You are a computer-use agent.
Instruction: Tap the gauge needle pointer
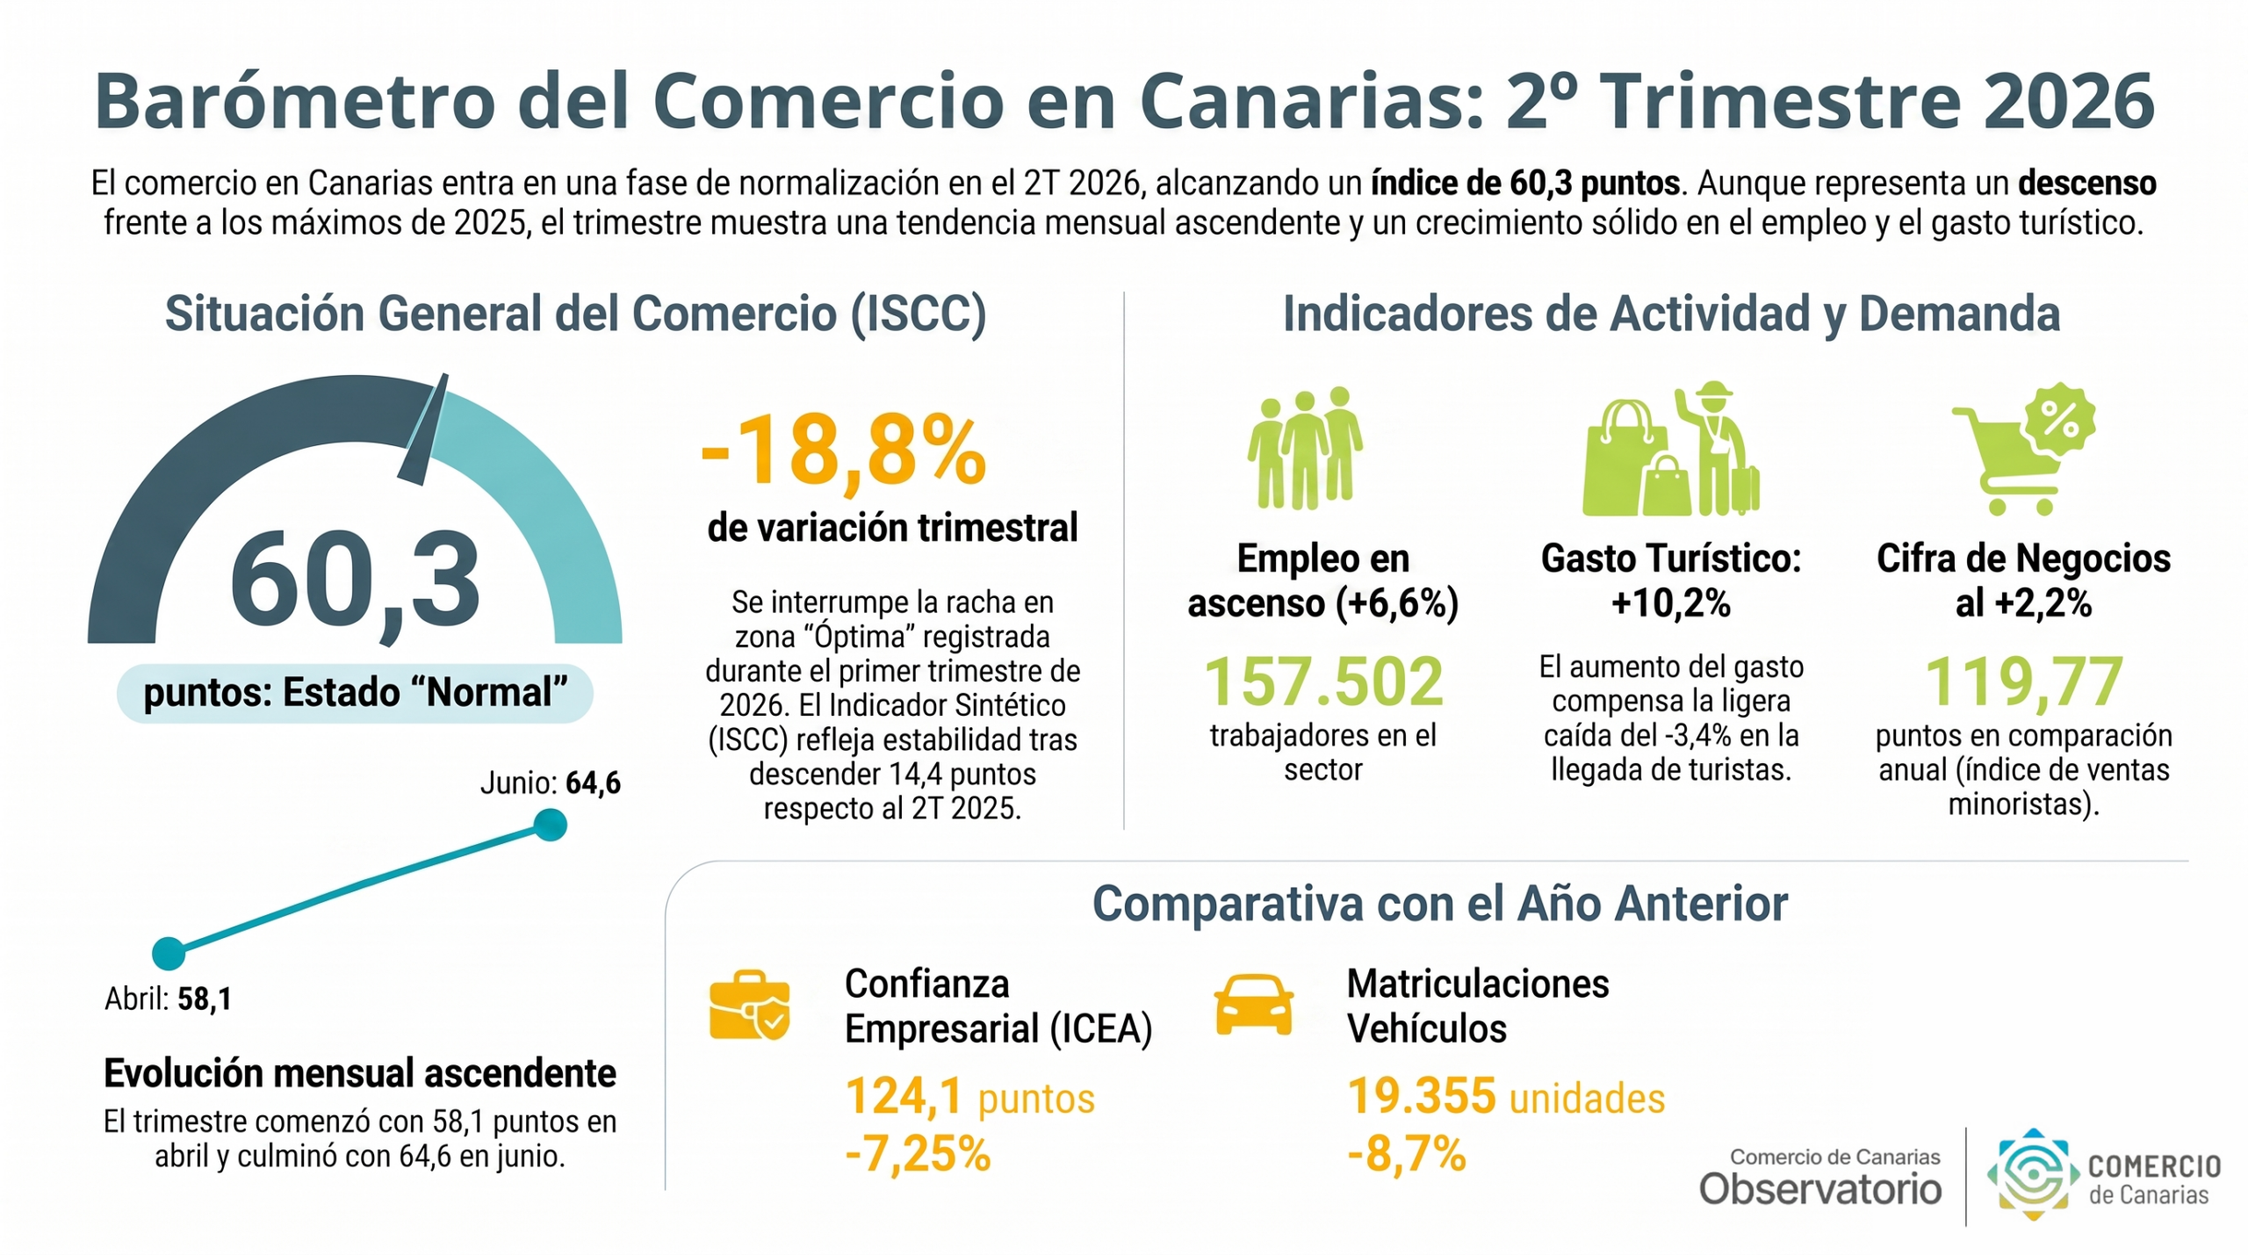(424, 429)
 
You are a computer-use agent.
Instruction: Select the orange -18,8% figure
(844, 451)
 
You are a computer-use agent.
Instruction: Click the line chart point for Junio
(551, 825)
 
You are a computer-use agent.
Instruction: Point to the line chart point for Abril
(169, 953)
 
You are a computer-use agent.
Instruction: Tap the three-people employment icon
(1305, 448)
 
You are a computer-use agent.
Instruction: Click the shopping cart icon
(2023, 449)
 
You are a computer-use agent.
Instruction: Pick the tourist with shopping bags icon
(1671, 449)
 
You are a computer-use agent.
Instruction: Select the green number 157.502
(1323, 682)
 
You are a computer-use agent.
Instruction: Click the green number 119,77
(2024, 682)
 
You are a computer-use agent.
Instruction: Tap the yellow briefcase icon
(749, 1005)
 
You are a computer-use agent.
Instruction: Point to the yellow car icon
(1253, 1005)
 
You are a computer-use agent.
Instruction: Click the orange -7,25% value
(918, 1153)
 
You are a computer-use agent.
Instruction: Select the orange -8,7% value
(1407, 1153)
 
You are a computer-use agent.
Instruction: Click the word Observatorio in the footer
(1820, 1189)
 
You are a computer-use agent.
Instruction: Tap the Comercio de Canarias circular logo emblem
(2034, 1175)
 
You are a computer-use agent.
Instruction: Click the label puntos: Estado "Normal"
(355, 693)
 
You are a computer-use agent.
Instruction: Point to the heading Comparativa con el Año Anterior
(1440, 904)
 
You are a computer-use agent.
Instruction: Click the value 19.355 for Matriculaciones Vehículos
(1422, 1096)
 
